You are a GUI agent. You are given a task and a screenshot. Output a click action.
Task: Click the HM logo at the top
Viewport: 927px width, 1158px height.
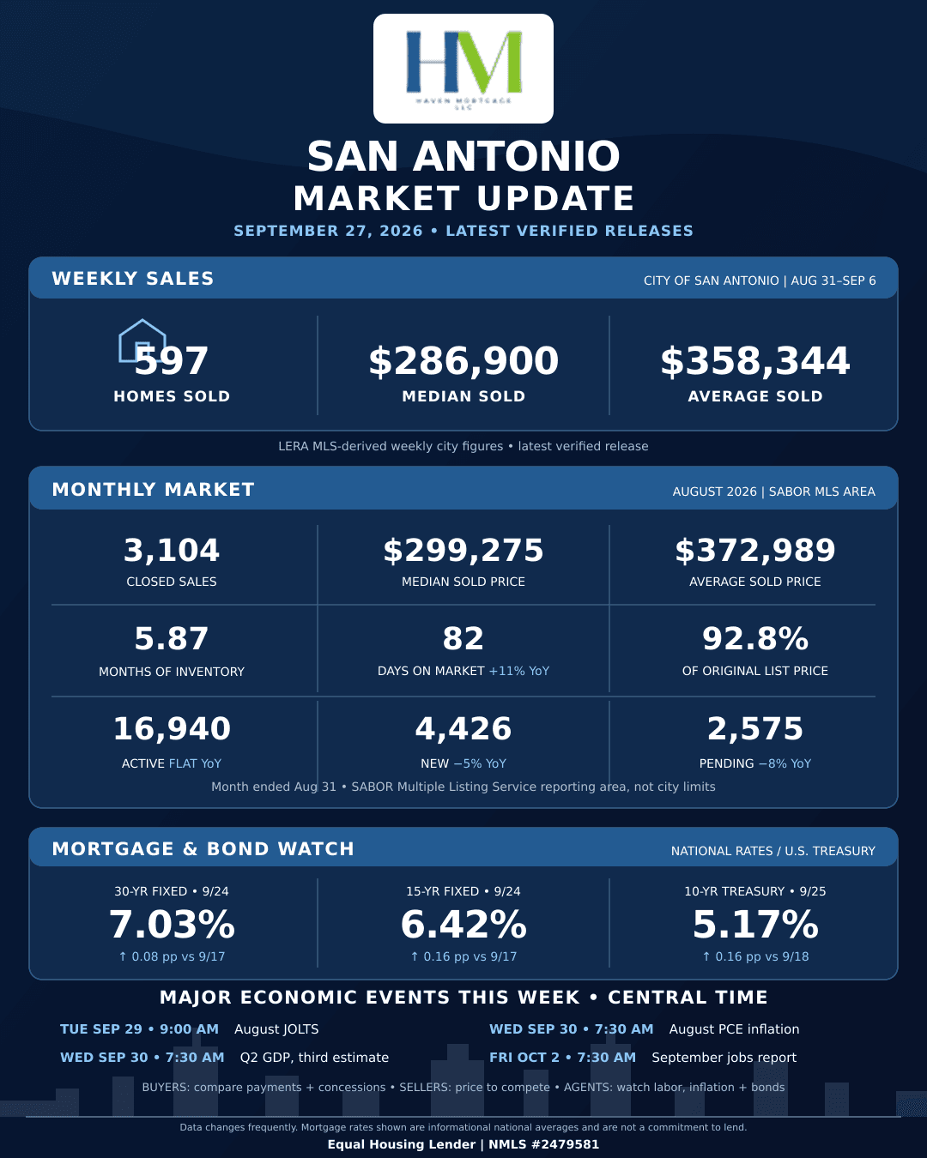click(x=463, y=69)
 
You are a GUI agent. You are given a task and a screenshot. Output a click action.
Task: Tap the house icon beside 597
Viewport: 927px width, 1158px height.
click(x=142, y=341)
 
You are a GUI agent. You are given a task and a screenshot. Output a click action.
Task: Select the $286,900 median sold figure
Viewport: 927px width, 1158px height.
click(x=463, y=360)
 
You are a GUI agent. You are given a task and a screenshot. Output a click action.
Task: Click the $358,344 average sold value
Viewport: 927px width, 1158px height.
click(x=755, y=360)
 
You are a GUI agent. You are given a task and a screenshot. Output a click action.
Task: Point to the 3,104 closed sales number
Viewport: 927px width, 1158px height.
click(x=172, y=550)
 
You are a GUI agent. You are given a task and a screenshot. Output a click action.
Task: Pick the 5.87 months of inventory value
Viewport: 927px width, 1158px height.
click(x=172, y=638)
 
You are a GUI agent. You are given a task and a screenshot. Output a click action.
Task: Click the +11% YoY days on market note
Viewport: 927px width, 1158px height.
click(x=518, y=671)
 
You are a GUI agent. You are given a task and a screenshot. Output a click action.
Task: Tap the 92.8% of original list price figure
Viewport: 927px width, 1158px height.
click(x=755, y=638)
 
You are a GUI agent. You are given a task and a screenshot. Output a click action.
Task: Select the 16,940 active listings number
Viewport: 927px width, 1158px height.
click(x=172, y=728)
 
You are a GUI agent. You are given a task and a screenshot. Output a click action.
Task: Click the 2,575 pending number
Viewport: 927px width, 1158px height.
click(x=755, y=728)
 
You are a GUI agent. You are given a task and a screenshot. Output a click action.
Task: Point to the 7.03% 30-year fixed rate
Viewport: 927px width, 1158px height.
click(x=172, y=925)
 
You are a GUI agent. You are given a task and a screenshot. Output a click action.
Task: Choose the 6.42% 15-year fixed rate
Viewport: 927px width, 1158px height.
click(x=463, y=925)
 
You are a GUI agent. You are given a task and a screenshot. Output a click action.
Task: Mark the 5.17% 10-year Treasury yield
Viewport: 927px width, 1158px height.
click(x=755, y=925)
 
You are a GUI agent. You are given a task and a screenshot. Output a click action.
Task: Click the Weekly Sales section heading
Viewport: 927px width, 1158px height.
click(x=132, y=278)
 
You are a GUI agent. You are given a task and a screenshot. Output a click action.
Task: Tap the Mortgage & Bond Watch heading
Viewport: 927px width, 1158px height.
click(x=203, y=848)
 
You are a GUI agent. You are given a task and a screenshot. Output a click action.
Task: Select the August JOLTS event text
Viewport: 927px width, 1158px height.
click(x=276, y=1028)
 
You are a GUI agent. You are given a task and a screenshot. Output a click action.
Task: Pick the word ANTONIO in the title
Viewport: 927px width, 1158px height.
click(x=517, y=157)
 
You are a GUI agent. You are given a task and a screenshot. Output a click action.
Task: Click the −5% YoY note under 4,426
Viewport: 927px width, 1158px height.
click(x=480, y=763)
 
